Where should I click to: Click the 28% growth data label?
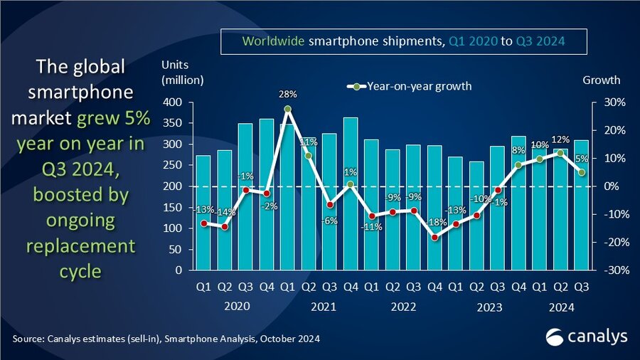[x=287, y=95]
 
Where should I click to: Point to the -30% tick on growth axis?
[x=613, y=270]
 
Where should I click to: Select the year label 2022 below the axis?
[x=402, y=307]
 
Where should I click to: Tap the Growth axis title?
[x=601, y=80]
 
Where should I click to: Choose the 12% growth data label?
[x=561, y=139]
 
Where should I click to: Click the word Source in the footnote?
[x=28, y=339]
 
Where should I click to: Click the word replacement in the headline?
[x=79, y=247]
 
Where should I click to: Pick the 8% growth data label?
[x=518, y=150]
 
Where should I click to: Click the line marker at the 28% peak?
[x=287, y=109]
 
